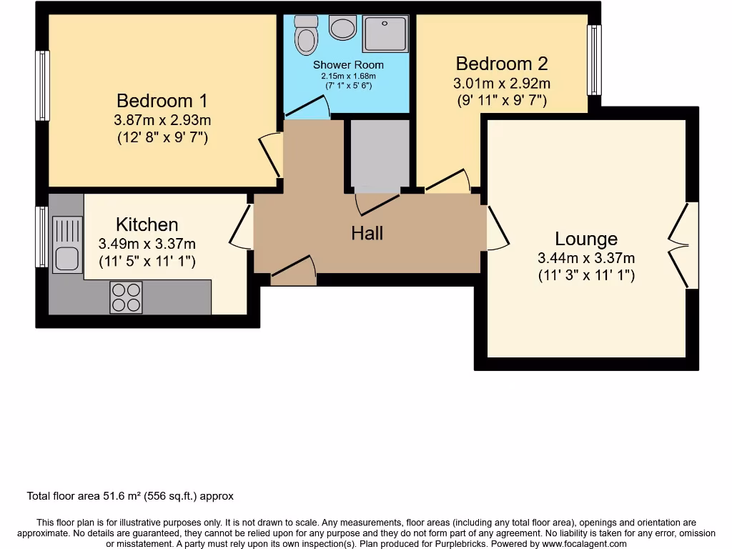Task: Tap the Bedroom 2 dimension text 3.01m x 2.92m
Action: pos(502,83)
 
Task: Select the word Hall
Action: pos(367,233)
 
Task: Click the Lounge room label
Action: pos(586,239)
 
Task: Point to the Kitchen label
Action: pos(147,224)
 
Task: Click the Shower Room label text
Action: pos(348,65)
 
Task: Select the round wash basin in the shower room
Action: pos(343,29)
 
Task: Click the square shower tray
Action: pos(386,34)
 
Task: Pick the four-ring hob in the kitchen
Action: pos(126,298)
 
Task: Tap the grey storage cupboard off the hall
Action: pos(378,154)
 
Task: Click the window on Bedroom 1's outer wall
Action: pos(43,86)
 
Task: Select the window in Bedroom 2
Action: pos(594,60)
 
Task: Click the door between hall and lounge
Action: pos(495,228)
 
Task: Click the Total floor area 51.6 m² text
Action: pos(130,495)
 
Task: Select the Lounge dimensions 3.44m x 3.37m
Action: pos(586,258)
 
